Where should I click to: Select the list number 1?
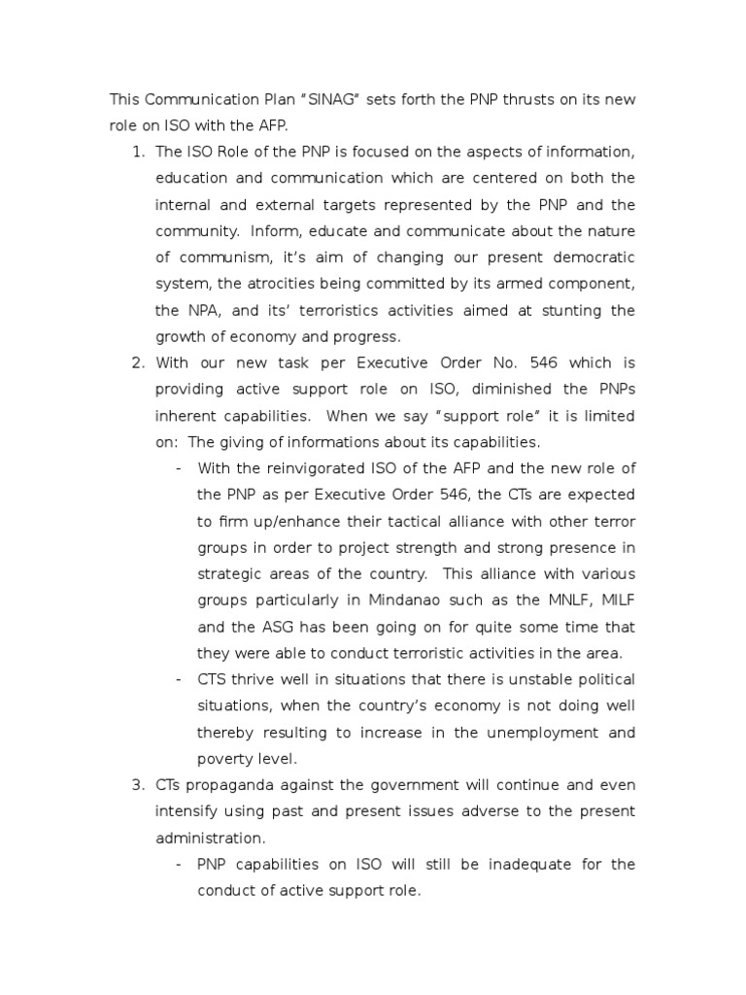135,153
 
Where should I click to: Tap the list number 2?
135,362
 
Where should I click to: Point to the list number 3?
135,784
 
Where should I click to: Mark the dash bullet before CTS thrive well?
179,678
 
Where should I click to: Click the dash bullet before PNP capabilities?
179,863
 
